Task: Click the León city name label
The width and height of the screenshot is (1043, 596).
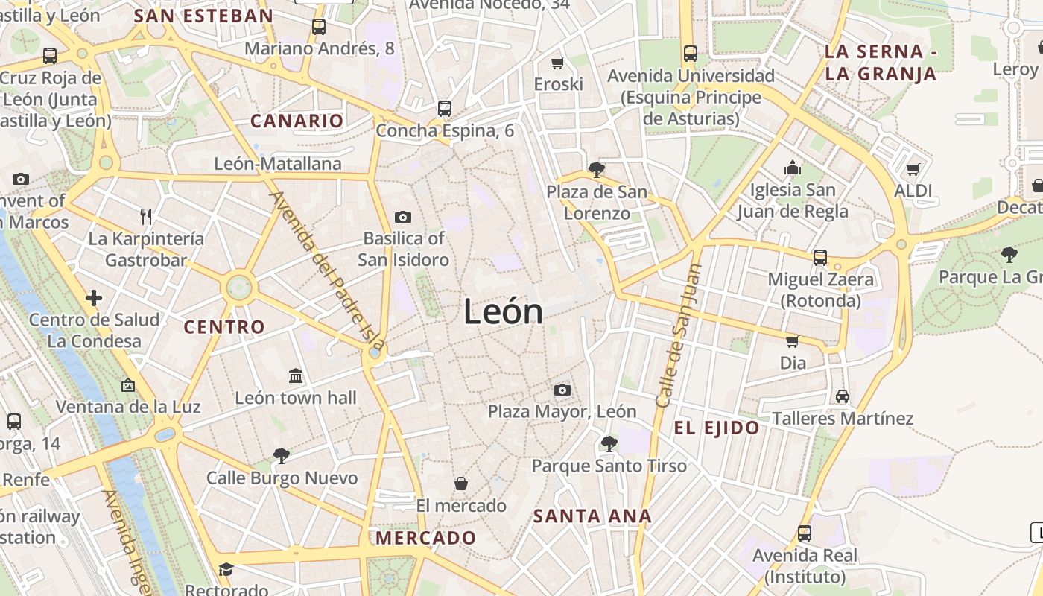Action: [504, 311]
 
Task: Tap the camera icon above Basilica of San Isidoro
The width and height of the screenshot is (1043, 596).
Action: [403, 217]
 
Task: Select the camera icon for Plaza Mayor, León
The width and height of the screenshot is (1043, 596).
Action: [562, 390]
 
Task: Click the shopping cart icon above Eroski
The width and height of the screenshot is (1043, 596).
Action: [558, 63]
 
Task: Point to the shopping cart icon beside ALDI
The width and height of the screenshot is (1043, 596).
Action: [913, 169]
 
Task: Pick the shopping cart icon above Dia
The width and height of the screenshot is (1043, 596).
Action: [792, 341]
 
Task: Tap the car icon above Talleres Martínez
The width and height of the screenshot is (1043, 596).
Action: [843, 396]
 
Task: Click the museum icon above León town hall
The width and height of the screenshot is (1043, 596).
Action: [296, 375]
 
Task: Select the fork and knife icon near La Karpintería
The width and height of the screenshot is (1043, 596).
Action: [146, 217]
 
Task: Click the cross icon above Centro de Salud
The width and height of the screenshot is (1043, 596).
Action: [94, 298]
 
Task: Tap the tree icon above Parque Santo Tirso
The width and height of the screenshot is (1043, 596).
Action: [609, 444]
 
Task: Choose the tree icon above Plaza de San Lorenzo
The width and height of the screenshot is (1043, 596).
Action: [596, 170]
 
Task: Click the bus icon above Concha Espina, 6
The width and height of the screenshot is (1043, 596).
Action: [445, 109]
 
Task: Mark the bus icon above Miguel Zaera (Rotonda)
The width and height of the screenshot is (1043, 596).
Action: [820, 258]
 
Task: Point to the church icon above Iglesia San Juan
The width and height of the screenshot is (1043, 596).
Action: [793, 168]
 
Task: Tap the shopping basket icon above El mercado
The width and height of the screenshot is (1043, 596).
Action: [461, 484]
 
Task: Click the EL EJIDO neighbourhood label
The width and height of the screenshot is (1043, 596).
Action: [717, 428]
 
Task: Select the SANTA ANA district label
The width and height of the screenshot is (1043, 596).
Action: [592, 516]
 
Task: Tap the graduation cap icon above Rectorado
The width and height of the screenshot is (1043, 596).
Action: [226, 570]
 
